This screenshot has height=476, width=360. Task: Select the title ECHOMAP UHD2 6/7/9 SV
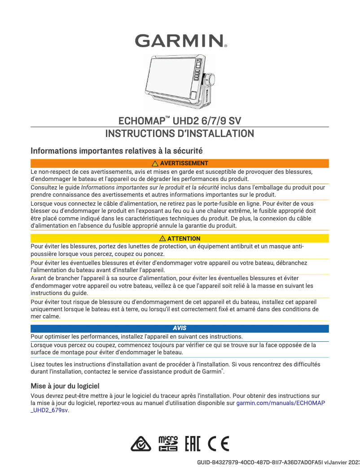click(180, 121)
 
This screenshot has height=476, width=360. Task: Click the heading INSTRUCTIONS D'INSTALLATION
click(180, 133)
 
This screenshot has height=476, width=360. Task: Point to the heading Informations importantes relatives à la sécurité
click(116, 151)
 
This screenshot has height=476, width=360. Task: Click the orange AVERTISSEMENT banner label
click(184, 163)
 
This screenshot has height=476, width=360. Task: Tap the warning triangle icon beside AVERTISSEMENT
click(155, 163)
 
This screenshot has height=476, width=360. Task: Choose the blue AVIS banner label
click(180, 328)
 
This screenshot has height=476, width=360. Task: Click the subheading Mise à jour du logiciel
click(65, 386)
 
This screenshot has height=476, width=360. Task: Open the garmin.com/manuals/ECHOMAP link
click(281, 403)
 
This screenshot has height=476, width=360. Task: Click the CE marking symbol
click(219, 444)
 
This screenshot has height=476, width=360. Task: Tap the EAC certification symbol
click(193, 444)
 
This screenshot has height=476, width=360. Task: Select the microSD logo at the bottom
click(168, 444)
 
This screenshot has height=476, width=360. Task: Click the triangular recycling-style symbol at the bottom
click(141, 444)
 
